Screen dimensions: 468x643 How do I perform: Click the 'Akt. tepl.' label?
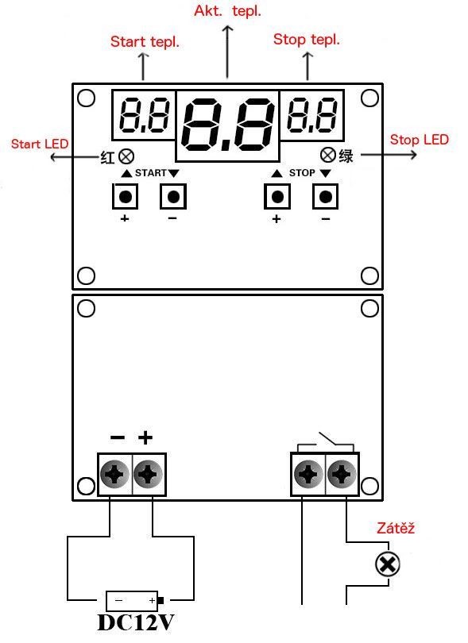(227, 11)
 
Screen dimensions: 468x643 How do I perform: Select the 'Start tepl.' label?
(145, 42)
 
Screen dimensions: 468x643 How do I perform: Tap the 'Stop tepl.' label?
(307, 40)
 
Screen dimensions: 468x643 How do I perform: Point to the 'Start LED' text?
(40, 144)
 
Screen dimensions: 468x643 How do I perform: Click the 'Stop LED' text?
(420, 140)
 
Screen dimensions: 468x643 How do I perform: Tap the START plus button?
(126, 196)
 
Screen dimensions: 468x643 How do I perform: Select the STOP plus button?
(277, 196)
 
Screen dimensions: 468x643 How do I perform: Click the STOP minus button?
(326, 196)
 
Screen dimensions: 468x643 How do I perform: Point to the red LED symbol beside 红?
(126, 156)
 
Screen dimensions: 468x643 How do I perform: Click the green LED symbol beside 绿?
(328, 155)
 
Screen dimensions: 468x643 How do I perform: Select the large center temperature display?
(228, 126)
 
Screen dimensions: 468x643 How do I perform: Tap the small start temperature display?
(144, 115)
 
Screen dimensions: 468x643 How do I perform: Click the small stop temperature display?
(312, 115)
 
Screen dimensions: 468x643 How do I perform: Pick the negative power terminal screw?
(115, 474)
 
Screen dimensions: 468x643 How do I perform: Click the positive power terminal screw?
(149, 474)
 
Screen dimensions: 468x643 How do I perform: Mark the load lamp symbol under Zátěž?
(388, 564)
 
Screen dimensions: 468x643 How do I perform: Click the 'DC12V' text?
(136, 622)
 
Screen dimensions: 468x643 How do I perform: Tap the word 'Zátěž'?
(396, 527)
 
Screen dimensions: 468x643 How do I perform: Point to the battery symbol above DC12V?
(134, 601)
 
